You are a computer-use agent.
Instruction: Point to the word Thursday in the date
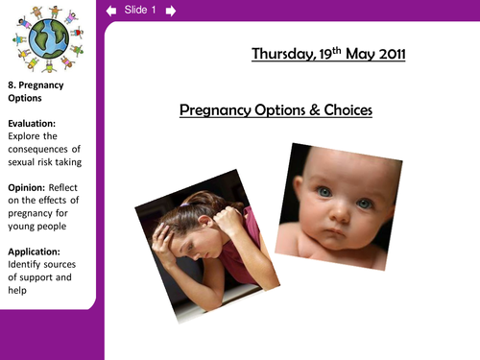pos(282,55)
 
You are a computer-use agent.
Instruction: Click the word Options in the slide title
pos(274,111)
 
